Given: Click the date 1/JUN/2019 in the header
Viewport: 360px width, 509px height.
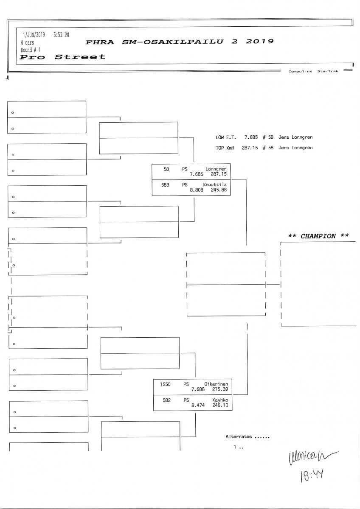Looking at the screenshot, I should (x=34, y=35).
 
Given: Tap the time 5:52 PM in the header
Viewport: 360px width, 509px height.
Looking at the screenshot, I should (x=61, y=35).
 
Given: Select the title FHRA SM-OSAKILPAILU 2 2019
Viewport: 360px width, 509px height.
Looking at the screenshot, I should (x=180, y=42).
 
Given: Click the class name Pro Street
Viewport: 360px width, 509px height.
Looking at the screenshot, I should (x=63, y=57).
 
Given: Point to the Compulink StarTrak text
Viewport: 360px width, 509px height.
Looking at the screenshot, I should (x=313, y=72).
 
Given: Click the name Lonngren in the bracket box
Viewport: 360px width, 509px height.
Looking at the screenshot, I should (x=216, y=169).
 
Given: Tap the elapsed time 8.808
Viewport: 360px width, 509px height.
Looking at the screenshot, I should (x=197, y=190).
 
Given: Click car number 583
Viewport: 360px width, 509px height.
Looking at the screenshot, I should (x=166, y=185).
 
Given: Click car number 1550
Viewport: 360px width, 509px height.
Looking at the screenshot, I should (x=165, y=384).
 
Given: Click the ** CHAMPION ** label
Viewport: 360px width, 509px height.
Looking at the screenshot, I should (x=318, y=236).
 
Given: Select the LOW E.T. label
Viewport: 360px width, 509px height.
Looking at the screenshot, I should (x=225, y=137).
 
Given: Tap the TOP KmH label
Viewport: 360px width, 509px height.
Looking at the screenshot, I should (x=225, y=148).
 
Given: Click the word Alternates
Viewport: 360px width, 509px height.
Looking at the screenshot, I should (x=239, y=436).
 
